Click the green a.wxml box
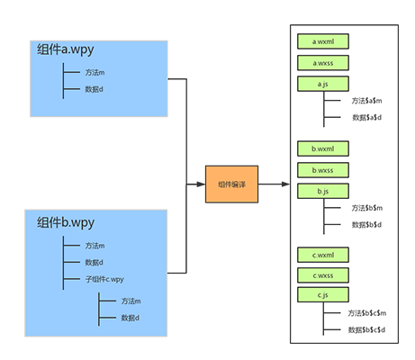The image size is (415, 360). coord(323,41)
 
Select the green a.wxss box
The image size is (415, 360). coord(323,63)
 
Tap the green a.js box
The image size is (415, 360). coord(323,84)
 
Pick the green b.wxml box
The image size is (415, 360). coord(323,148)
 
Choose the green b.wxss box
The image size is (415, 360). coord(323,170)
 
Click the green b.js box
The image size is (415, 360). coord(323,191)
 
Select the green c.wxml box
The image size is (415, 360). coord(323,255)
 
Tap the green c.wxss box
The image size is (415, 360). coord(323,275)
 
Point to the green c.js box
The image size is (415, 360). coord(323,295)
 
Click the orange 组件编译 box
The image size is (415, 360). coord(231,184)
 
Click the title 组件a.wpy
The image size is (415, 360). coord(66,49)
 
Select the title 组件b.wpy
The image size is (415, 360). coord(66,223)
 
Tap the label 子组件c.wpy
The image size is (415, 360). coord(104,279)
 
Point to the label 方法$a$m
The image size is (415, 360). coord(366,101)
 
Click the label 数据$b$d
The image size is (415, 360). coord(366,225)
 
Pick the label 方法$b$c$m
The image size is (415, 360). coord(367,313)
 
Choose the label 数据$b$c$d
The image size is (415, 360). coord(366,330)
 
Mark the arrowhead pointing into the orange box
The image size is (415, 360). coord(201,184)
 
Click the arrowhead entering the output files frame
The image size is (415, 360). coord(285,184)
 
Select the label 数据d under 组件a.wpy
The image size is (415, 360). coord(94,89)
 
